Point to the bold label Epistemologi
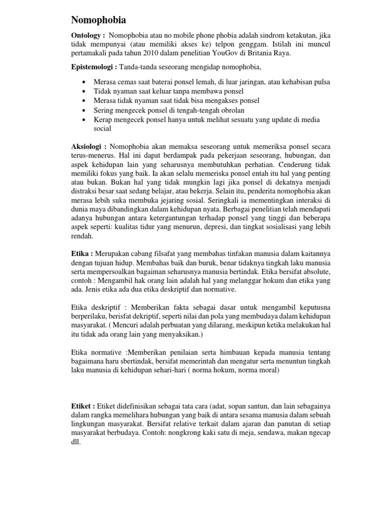pyautogui.click(x=93, y=67)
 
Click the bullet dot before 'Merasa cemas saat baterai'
pyautogui.click(x=82, y=82)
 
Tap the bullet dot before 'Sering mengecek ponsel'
pyautogui.click(x=82, y=110)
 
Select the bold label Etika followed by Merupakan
pyautogui.click(x=82, y=254)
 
